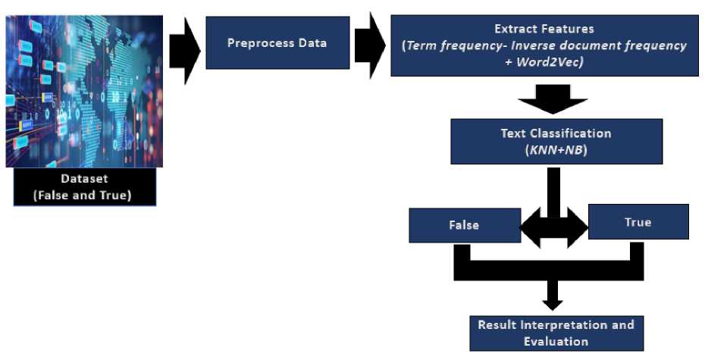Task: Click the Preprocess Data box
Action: point(277,42)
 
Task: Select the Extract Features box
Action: point(544,45)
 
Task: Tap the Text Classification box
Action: point(556,141)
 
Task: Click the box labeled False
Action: point(464,225)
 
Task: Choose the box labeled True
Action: point(638,222)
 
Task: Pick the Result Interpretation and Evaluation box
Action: point(556,333)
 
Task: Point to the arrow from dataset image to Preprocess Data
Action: point(184,50)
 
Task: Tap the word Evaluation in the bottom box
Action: point(556,341)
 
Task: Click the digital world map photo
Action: point(83,91)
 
